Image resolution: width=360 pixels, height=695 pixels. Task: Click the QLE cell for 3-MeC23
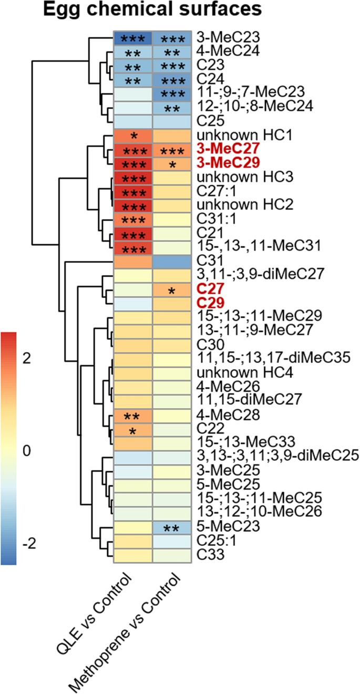tap(133, 38)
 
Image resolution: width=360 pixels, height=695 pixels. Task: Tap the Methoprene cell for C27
tap(172, 288)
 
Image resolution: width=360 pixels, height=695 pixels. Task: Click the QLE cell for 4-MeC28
tap(133, 415)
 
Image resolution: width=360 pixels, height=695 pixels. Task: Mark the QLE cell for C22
tap(133, 429)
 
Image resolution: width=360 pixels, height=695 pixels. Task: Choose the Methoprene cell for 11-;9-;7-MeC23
tap(172, 93)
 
